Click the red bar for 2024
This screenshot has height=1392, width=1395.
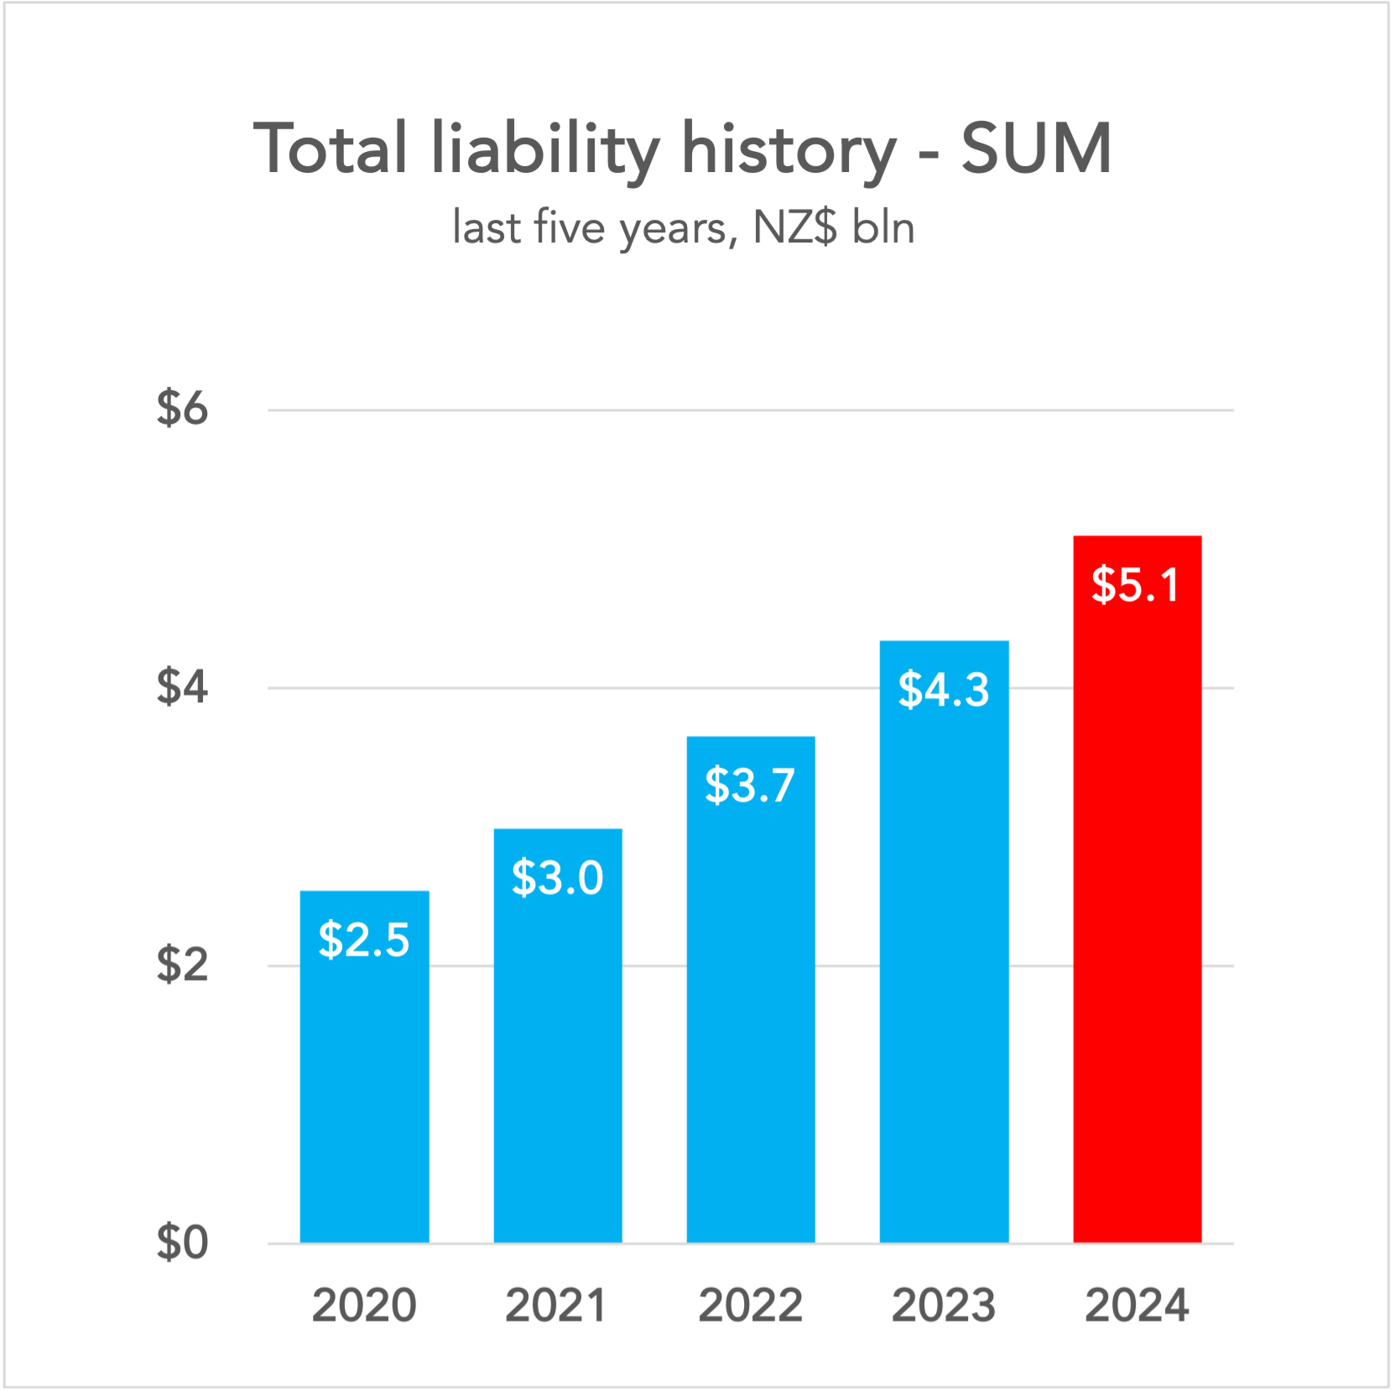click(x=1137, y=923)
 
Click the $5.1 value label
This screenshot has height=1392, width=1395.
click(x=1136, y=585)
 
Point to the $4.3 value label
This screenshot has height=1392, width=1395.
click(x=944, y=690)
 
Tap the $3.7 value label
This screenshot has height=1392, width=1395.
click(x=750, y=785)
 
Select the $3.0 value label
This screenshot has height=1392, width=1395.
click(x=558, y=878)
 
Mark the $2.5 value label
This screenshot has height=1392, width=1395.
click(x=364, y=940)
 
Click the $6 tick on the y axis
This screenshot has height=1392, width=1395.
click(x=182, y=409)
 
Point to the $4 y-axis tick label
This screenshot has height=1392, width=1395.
click(x=182, y=687)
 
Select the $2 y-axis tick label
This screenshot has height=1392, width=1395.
click(x=182, y=965)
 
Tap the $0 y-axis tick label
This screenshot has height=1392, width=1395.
click(x=182, y=1243)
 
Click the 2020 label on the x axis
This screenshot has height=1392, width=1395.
click(x=364, y=1306)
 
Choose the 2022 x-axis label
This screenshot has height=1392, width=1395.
click(x=751, y=1306)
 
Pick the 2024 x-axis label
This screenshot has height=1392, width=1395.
click(x=1137, y=1306)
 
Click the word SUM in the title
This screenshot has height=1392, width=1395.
click(x=1037, y=149)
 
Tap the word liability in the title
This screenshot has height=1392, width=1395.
click(x=545, y=149)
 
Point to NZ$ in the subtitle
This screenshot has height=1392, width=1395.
click(x=794, y=227)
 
